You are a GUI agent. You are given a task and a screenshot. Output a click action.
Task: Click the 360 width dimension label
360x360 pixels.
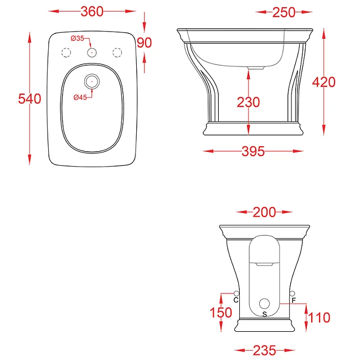(x=92, y=12)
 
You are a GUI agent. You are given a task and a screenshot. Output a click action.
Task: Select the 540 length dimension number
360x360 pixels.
(x=29, y=99)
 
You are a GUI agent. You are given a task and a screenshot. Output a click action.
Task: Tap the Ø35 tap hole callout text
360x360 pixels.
(x=78, y=38)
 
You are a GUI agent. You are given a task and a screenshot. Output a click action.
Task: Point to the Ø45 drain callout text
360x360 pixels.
(x=80, y=97)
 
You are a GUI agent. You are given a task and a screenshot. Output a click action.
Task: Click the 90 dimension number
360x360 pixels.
(x=144, y=43)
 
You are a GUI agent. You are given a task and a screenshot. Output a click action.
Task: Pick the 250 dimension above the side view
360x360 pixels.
(x=284, y=12)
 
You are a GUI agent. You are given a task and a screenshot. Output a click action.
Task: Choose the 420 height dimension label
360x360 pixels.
(x=324, y=82)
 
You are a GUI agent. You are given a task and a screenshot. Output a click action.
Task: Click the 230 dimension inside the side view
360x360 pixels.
(x=248, y=102)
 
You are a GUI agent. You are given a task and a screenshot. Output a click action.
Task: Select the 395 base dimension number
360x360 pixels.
(x=253, y=151)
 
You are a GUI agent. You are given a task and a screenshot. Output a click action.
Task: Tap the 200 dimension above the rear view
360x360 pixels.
(x=264, y=212)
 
